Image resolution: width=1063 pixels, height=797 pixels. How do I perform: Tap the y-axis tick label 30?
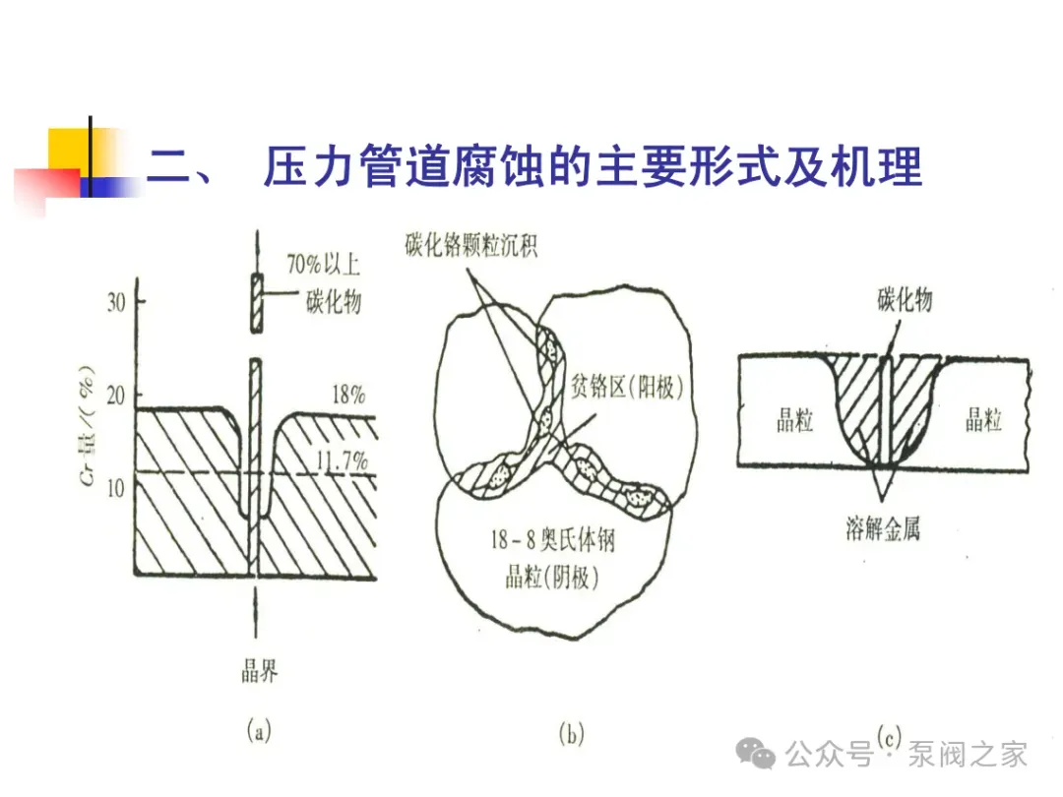116,302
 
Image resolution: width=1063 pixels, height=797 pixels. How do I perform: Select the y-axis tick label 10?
116,485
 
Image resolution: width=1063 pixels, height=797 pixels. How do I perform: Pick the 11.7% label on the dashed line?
341,460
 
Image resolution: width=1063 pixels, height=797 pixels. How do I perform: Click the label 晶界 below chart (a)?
259,672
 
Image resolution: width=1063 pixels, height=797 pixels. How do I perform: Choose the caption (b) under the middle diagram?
571,733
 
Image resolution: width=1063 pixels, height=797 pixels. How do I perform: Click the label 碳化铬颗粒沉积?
470,246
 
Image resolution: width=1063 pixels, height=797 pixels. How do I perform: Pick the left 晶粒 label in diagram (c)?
788,421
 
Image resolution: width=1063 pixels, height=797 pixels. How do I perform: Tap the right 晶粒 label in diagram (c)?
982,421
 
